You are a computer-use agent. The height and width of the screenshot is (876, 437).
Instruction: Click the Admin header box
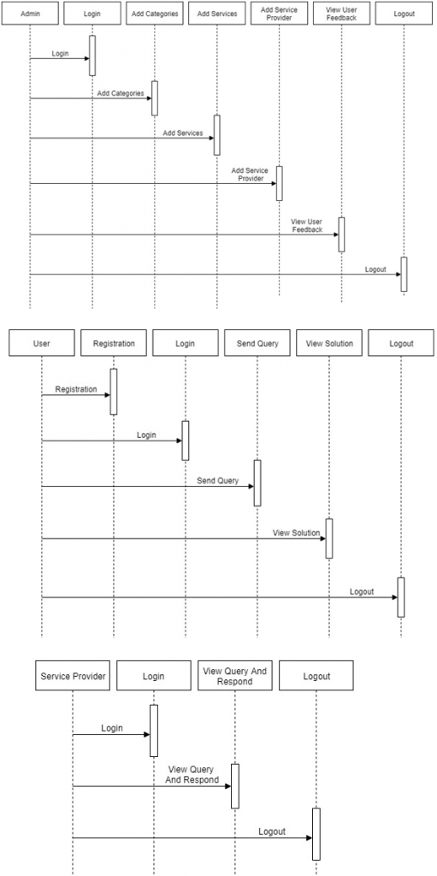pyautogui.click(x=30, y=14)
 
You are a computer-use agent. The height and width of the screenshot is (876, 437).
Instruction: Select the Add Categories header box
pyautogui.click(x=155, y=14)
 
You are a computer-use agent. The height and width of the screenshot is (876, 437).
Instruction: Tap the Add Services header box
pyautogui.click(x=217, y=14)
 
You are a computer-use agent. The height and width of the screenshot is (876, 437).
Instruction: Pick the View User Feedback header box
pyautogui.click(x=341, y=14)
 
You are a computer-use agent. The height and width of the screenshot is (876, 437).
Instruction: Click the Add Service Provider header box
pyautogui.click(x=279, y=14)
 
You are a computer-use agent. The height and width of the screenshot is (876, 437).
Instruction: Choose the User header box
pyautogui.click(x=41, y=343)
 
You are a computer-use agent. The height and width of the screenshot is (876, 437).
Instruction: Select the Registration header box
pyautogui.click(x=114, y=343)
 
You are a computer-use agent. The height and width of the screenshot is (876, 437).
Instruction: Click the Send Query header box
pyautogui.click(x=257, y=343)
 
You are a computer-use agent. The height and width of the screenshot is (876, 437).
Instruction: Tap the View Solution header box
pyautogui.click(x=329, y=343)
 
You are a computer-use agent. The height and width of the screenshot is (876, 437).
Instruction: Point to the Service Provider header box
pyautogui.click(x=73, y=676)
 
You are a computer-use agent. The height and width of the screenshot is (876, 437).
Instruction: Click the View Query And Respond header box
pyautogui.click(x=234, y=676)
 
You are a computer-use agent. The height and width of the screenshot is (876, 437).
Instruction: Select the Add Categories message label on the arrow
pyautogui.click(x=121, y=93)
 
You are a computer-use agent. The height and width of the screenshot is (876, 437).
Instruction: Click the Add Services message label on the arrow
pyautogui.click(x=183, y=133)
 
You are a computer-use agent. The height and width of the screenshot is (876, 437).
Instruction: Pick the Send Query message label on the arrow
pyautogui.click(x=217, y=481)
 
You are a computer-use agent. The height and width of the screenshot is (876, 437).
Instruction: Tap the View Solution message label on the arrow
pyautogui.click(x=296, y=533)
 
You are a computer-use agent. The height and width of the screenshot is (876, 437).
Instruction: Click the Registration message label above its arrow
pyautogui.click(x=76, y=389)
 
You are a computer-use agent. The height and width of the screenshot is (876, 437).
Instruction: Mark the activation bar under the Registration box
pyautogui.click(x=114, y=392)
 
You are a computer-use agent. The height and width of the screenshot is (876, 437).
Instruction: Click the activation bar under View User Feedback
pyautogui.click(x=341, y=234)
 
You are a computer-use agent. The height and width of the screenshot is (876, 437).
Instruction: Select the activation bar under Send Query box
pyautogui.click(x=257, y=483)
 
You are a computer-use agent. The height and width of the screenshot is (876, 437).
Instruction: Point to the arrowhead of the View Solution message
pyautogui.click(x=322, y=539)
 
